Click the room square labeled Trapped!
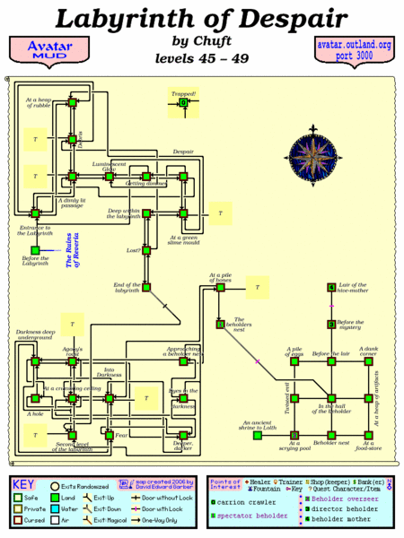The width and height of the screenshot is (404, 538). pyautogui.click(x=183, y=104)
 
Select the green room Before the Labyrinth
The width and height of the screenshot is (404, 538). pyautogui.click(x=35, y=250)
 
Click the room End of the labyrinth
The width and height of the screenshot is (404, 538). pyautogui.click(x=146, y=287)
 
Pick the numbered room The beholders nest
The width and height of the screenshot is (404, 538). pyautogui.click(x=220, y=325)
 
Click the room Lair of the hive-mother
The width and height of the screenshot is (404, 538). pyautogui.click(x=331, y=288)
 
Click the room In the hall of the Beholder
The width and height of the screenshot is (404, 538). pyautogui.click(x=331, y=397)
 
